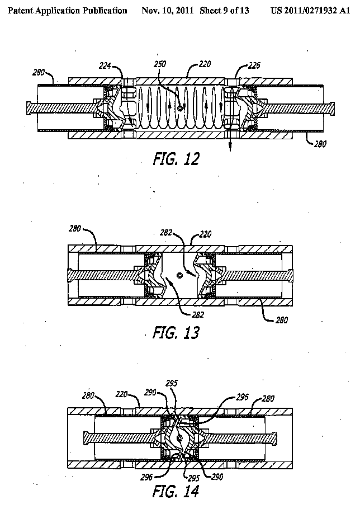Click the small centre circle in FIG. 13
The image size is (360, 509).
[x=179, y=275]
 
